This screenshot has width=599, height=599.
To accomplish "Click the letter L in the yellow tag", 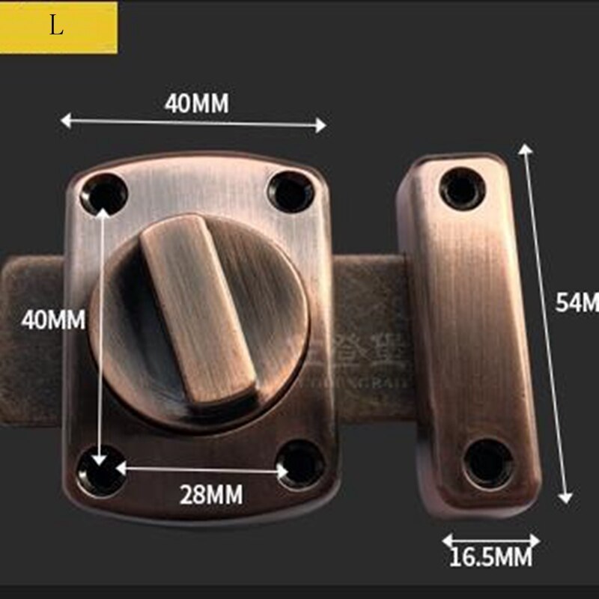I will tap(57, 26).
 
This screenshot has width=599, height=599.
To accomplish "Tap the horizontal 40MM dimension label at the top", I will tap(196, 103).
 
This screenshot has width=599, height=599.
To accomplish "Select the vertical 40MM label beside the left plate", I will tap(53, 320).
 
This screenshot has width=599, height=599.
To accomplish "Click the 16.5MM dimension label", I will tap(490, 557).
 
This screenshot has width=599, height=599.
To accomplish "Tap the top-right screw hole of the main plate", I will tap(291, 192).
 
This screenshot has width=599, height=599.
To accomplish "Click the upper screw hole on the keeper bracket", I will tap(462, 188).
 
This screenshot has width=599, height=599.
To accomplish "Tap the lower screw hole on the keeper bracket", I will tap(487, 462).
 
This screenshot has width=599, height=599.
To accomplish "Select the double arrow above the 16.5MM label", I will tap(490, 540).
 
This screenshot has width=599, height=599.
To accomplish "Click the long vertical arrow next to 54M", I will tap(547, 322).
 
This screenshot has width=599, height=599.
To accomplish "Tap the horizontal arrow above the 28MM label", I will tap(202, 469).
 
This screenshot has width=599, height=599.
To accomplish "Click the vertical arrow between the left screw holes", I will tap(101, 329).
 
